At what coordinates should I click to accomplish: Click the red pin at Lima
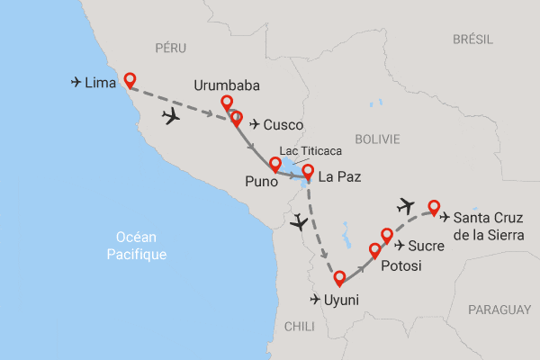[130, 79]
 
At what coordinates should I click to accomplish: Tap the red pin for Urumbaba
[227, 103]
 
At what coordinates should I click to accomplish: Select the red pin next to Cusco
[236, 117]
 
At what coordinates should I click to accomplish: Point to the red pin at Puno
[274, 165]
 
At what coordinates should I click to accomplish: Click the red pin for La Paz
[308, 171]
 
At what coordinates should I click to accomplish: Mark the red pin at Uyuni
[339, 278]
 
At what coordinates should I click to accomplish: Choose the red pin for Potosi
[375, 249]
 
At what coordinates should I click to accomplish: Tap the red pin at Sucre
[388, 236]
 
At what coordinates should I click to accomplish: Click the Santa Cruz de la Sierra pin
[435, 206]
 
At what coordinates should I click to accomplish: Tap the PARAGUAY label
[499, 309]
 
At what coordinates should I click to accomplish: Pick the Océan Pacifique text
[136, 246]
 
